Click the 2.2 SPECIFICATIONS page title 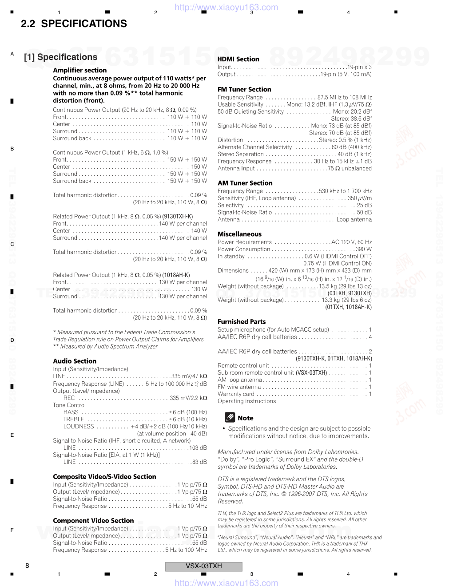tap(74, 24)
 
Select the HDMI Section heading tap(238, 59)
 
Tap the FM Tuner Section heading tap(244, 89)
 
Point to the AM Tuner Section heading tap(245, 183)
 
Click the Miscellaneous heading tap(239, 234)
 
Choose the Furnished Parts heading tap(242, 321)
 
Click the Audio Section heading tap(75, 361)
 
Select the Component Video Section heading tap(93, 520)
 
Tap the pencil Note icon tap(230, 417)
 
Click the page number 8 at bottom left tap(28, 566)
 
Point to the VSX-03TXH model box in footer tap(204, 566)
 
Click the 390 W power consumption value tap(364, 249)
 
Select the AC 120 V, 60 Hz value tap(351, 242)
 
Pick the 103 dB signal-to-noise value tap(198, 447)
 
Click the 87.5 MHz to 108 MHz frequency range tap(345, 97)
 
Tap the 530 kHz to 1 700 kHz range tap(346, 191)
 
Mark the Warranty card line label tap(236, 394)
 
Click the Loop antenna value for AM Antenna tap(354, 219)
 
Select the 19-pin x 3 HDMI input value tap(359, 67)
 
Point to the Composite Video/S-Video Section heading tap(104, 476)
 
